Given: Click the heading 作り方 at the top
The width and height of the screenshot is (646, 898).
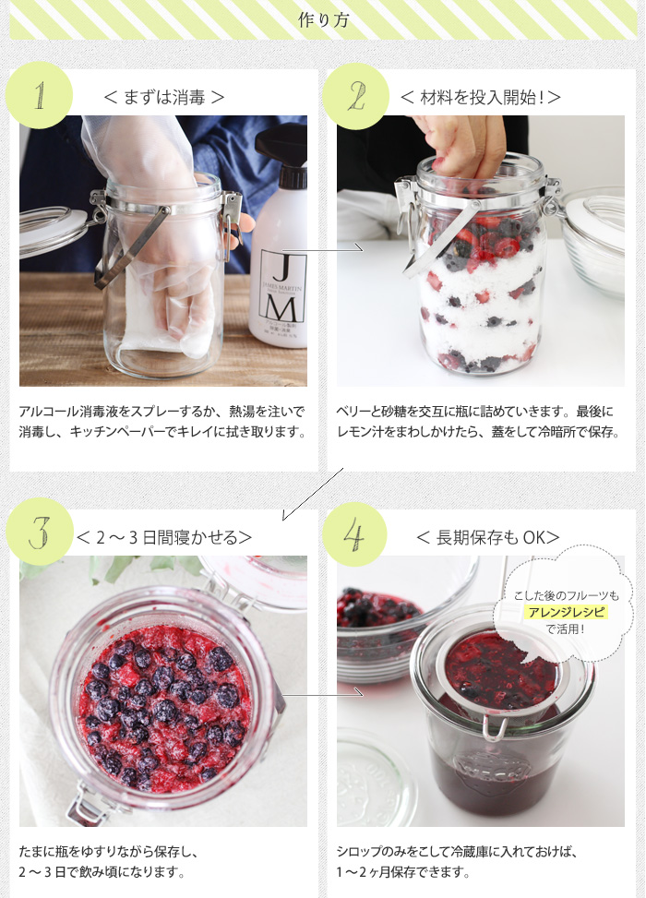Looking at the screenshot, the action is pos(323,20).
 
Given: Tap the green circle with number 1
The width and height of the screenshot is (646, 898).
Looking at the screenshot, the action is pos(39,95).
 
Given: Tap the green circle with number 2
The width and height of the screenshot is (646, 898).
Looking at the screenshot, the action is pos(355,96).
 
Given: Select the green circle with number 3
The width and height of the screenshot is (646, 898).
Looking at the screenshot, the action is pos(40,532).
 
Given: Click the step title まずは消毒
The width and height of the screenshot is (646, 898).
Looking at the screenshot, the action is pos(163,97).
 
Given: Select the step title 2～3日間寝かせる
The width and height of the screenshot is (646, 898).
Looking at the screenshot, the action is pos(164,537).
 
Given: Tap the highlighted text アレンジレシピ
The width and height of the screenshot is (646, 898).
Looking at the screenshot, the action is pos(567,612).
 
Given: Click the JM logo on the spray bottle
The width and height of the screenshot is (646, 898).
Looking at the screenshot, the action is pos(282,286).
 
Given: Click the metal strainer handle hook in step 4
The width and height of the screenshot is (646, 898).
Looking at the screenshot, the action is pos(495,728).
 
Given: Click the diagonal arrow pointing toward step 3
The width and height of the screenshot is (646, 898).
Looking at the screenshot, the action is pos(313,495).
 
